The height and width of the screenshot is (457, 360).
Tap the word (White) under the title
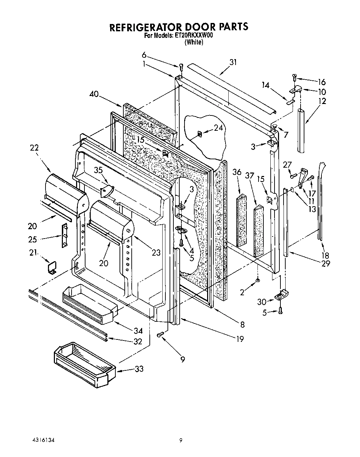(194, 42)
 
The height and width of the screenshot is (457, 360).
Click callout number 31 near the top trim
(233, 62)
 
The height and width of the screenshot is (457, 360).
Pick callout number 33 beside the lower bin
(139, 369)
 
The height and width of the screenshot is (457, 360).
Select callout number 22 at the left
(34, 148)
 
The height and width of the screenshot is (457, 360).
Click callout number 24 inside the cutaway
(218, 128)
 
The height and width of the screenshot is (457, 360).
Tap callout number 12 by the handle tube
(322, 101)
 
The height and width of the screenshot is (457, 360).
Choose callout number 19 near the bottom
(240, 339)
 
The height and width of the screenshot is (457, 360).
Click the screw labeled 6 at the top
(181, 67)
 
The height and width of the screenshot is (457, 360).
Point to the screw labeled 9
(160, 334)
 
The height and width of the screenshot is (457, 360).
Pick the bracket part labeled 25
(64, 235)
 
